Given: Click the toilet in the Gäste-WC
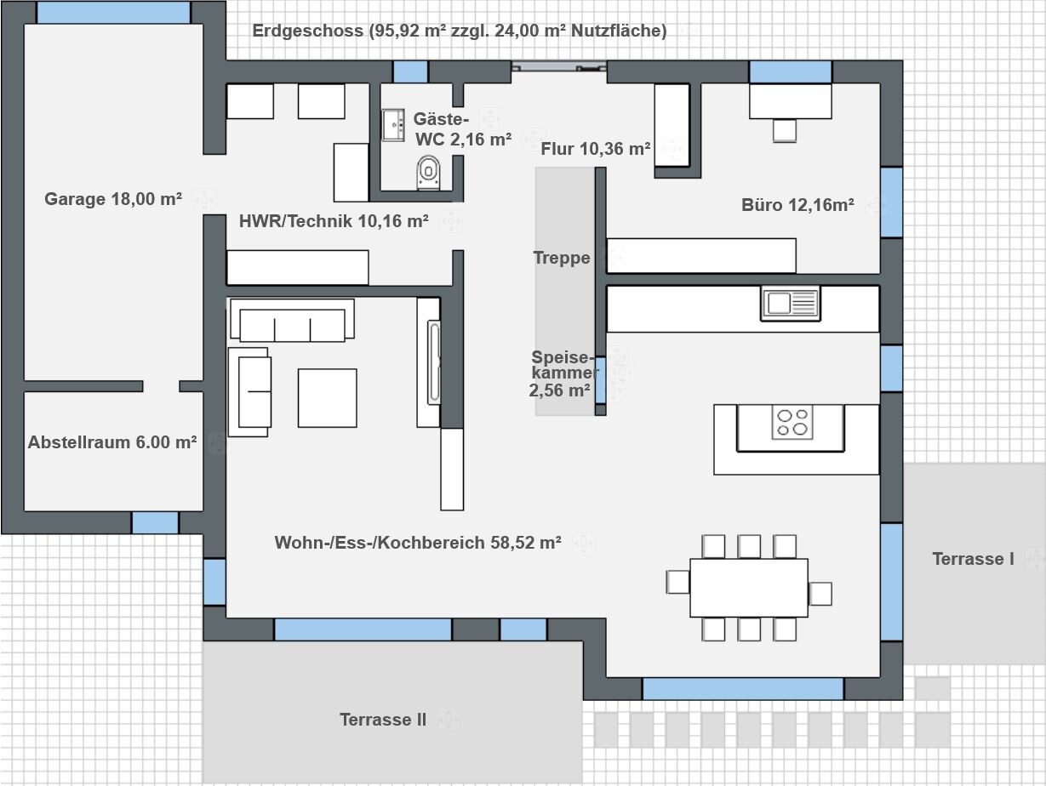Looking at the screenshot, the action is (x=428, y=172).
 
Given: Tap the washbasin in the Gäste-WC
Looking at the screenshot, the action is (x=393, y=125).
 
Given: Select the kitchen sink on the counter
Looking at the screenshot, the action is (x=790, y=304).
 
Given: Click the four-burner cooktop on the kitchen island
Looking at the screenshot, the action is (x=792, y=422).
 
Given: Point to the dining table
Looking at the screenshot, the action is (x=749, y=588).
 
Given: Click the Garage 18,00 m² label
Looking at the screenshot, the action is (x=113, y=199).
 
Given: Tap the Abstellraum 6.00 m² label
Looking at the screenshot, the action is (x=112, y=442).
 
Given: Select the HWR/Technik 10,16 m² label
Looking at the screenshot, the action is (x=334, y=221).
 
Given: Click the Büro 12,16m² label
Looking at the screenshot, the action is (x=797, y=205).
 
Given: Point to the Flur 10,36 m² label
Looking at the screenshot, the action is (x=596, y=149).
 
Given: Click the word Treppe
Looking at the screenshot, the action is (x=562, y=258).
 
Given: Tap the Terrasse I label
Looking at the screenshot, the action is (x=973, y=559).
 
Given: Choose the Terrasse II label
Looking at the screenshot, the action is (x=383, y=720).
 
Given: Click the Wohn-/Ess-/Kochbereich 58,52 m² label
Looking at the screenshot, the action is (x=418, y=543).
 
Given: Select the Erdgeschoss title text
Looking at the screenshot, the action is (x=460, y=31).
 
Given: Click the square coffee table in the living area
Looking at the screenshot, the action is (x=328, y=398).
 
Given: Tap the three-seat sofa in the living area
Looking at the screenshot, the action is (x=292, y=320).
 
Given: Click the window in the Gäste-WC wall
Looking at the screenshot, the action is (x=410, y=72).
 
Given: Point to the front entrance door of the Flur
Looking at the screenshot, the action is (x=559, y=66).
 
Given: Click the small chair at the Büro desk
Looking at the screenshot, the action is (x=785, y=131).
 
